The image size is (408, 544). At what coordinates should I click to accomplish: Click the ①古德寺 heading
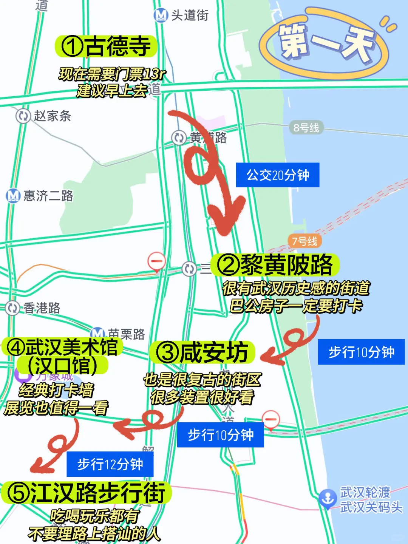click(x=106, y=46)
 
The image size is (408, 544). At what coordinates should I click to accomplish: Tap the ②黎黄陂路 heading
click(x=275, y=265)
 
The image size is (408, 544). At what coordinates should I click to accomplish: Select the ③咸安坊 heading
click(x=202, y=352)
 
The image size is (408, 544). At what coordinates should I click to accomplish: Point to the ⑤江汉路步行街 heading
click(x=87, y=493)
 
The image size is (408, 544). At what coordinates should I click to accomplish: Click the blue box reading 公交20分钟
click(x=278, y=175)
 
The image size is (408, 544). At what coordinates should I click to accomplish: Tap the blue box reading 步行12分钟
click(x=110, y=464)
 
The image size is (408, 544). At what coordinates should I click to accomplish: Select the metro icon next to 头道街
click(x=161, y=15)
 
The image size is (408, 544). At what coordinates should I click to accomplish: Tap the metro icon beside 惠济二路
click(x=13, y=196)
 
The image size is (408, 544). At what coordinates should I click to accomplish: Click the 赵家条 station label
click(x=52, y=116)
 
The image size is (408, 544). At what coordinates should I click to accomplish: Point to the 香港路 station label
click(x=42, y=308)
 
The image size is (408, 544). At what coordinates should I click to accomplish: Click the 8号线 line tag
click(x=306, y=128)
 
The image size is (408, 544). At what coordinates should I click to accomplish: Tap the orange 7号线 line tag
click(x=304, y=241)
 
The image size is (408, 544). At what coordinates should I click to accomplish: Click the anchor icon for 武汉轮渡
click(x=328, y=498)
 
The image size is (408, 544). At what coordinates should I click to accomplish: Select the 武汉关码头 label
click(x=371, y=507)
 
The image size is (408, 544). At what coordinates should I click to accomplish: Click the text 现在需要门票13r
click(x=112, y=74)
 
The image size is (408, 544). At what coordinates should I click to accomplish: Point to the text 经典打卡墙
click(x=56, y=390)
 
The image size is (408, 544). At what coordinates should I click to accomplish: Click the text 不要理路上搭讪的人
click(x=94, y=534)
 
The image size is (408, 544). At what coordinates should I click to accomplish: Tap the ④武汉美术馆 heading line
click(x=62, y=347)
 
